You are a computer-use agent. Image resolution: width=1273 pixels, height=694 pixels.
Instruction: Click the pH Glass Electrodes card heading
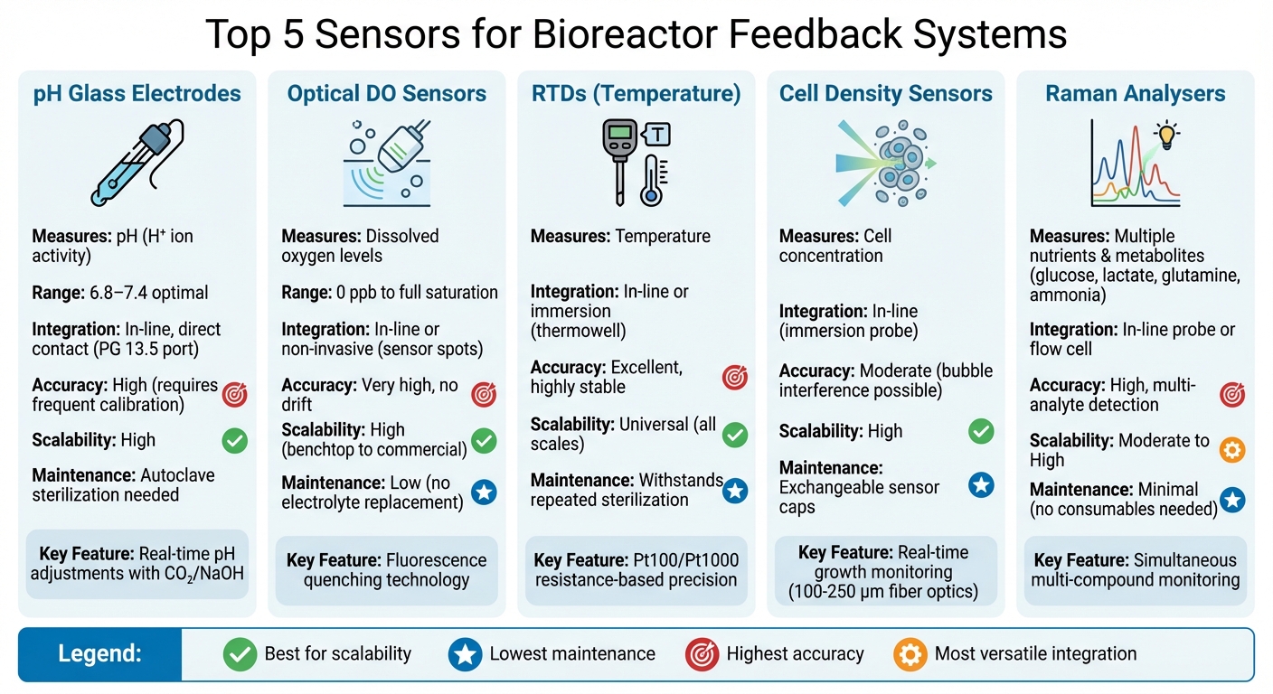[x=137, y=93]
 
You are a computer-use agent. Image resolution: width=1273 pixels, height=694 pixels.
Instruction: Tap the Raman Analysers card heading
[x=1136, y=93]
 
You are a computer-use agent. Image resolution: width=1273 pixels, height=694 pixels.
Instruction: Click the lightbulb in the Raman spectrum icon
[x=1167, y=136]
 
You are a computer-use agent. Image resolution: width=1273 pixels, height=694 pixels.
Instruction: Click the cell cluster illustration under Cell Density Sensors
[x=895, y=163]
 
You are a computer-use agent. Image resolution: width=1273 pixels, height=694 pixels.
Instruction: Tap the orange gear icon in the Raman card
[x=1231, y=450]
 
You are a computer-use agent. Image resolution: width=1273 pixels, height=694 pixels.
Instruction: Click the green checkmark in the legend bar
[x=240, y=654]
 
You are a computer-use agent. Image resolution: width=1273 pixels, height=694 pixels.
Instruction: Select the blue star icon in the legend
[x=465, y=654]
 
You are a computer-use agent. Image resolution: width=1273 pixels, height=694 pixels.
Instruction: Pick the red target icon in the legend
[x=702, y=654]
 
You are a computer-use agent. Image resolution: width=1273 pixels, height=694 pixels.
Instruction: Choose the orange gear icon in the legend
[x=910, y=654]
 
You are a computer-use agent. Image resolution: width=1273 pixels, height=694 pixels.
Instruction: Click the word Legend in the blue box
[x=99, y=653]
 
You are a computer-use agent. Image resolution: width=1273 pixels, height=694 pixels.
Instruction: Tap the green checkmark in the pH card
[x=235, y=441]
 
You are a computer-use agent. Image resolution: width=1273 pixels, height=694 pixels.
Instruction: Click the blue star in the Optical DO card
[x=484, y=492]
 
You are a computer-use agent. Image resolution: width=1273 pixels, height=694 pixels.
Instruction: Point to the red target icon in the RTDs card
[x=735, y=378]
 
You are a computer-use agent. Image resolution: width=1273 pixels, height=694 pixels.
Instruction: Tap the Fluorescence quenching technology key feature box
[x=386, y=570]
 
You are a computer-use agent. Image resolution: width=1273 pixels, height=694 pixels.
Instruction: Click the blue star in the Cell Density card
[x=981, y=486]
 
